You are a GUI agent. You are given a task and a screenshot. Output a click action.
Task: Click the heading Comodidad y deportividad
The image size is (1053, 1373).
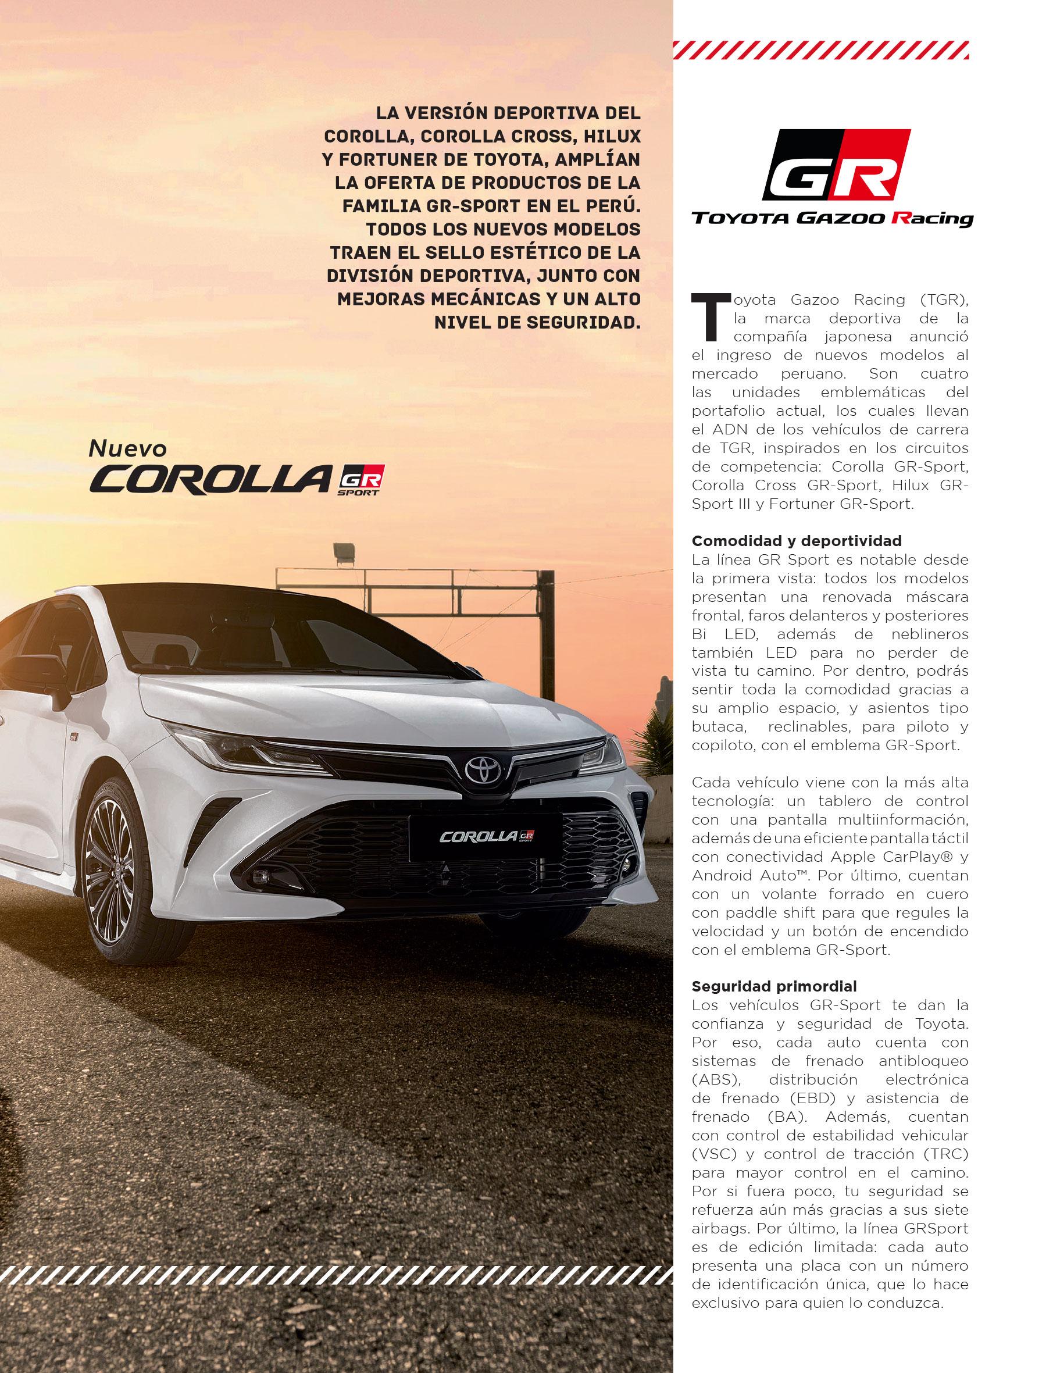click(x=796, y=541)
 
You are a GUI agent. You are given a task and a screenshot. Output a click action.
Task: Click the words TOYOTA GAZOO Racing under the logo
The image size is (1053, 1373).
click(x=833, y=219)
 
